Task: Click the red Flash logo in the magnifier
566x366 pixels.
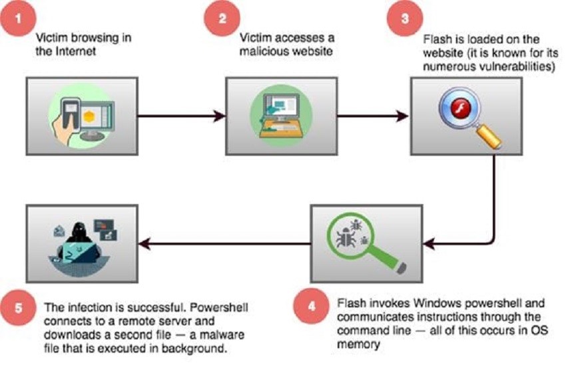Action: coord(455,109)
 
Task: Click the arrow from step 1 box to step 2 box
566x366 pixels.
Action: coord(179,116)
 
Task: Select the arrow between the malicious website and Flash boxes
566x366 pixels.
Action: coord(372,116)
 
